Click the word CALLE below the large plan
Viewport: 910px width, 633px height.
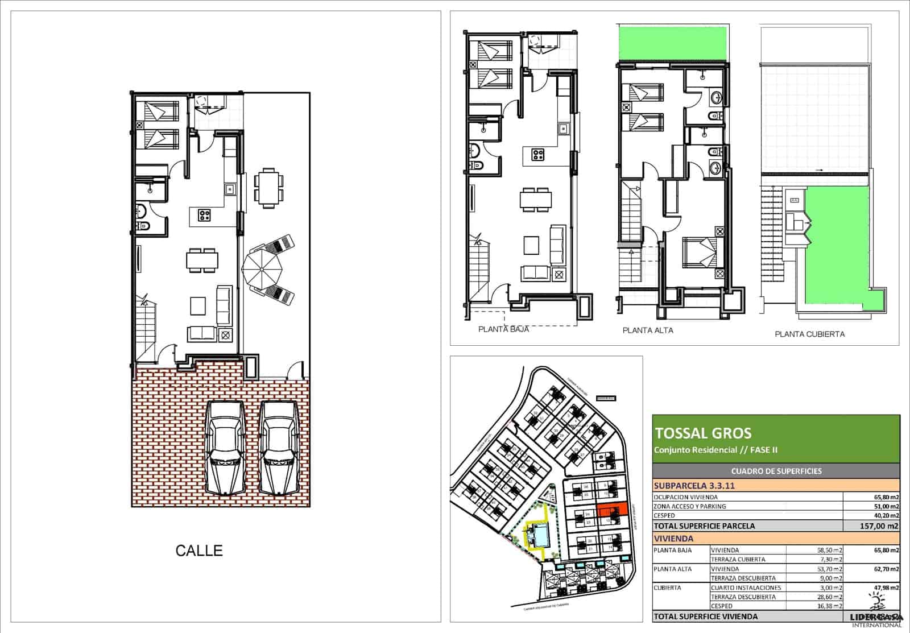(x=199, y=551)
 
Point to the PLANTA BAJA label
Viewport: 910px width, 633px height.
(x=503, y=329)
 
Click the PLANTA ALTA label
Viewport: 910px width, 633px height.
(x=648, y=330)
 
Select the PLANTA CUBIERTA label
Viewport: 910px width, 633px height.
(x=809, y=334)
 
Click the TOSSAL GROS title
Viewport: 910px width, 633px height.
(x=703, y=433)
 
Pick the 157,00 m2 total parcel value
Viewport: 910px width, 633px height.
(x=880, y=526)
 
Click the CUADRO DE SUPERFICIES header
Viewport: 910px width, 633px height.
(x=776, y=471)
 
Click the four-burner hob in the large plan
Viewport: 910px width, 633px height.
(x=204, y=215)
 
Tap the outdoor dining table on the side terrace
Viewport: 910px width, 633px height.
(x=268, y=187)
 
